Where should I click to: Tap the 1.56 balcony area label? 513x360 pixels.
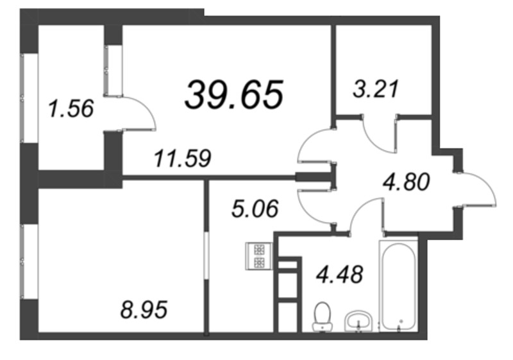click(71, 108)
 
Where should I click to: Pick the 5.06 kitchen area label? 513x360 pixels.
click(255, 209)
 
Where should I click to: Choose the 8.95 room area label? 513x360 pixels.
click(144, 311)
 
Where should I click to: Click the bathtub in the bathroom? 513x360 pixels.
click(398, 286)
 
